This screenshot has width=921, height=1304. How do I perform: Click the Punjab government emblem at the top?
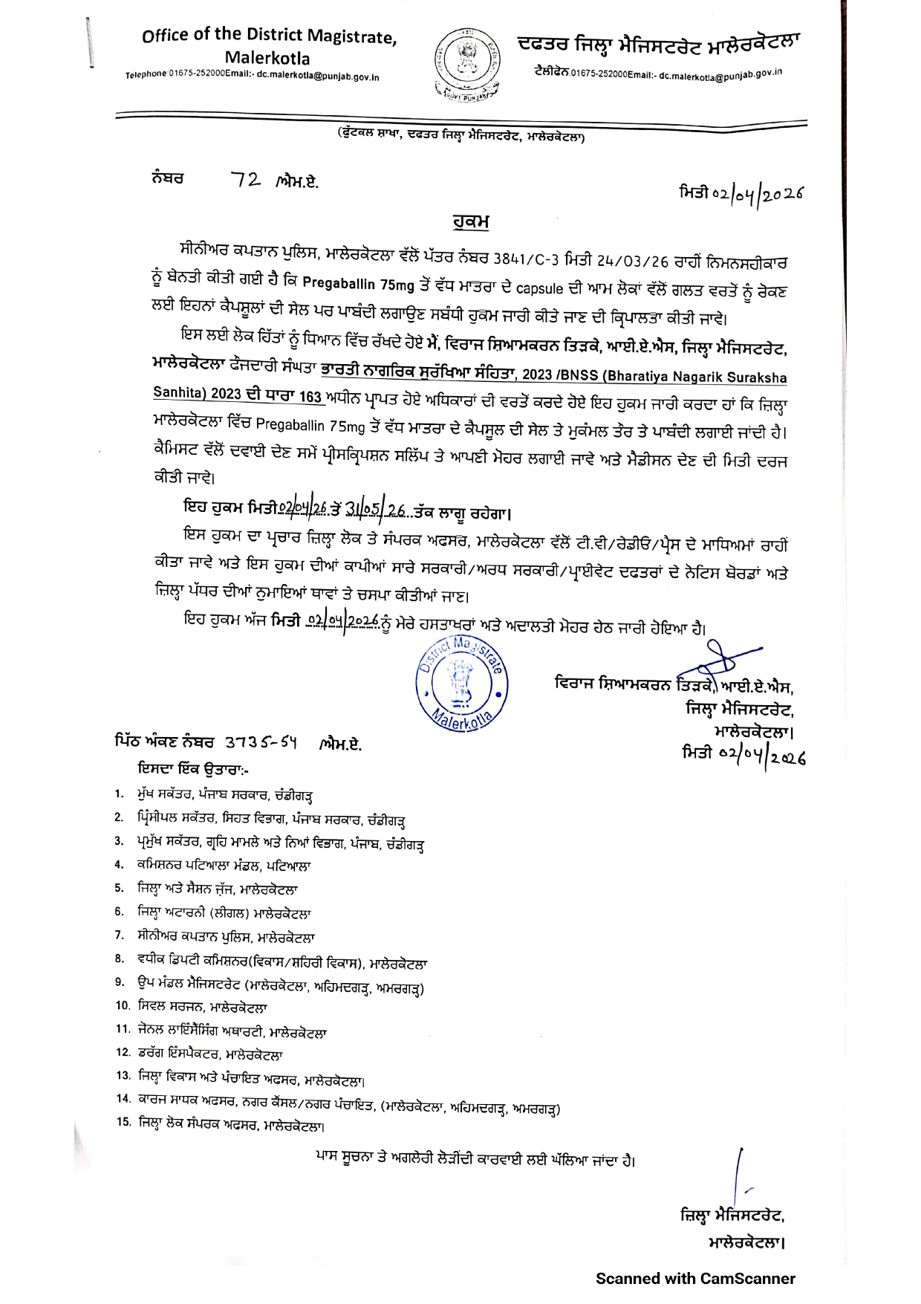[466, 64]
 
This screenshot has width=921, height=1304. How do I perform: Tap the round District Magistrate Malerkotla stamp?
[461, 684]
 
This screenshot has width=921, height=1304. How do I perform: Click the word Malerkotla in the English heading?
[267, 58]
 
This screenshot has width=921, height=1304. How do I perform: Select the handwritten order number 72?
[245, 180]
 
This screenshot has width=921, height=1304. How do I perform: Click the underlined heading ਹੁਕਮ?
[470, 222]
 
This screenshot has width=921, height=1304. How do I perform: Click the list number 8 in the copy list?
[120, 958]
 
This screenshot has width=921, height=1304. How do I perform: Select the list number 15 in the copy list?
[123, 1122]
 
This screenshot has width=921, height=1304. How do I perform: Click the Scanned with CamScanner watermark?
[695, 1279]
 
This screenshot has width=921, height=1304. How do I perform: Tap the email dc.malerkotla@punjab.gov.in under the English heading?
[318, 77]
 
